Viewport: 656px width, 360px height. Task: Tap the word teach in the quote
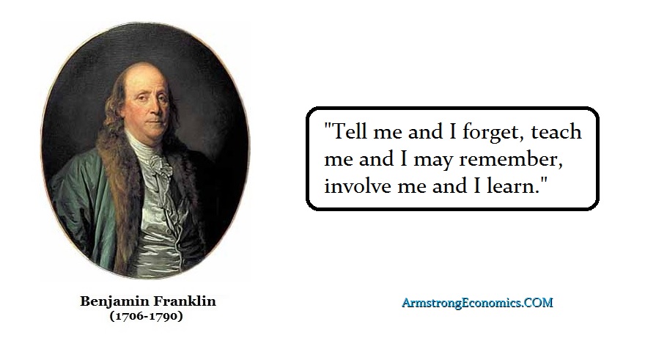556,131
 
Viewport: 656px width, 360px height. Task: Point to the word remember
510,159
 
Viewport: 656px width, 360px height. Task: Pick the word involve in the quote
357,185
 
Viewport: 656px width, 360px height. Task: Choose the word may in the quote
433,161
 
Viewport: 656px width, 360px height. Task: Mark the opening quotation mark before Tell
328,125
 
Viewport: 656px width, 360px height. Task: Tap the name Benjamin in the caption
114,302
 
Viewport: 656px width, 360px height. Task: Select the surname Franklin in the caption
185,301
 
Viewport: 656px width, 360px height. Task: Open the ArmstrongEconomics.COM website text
477,303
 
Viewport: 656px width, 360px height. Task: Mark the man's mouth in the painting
155,122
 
